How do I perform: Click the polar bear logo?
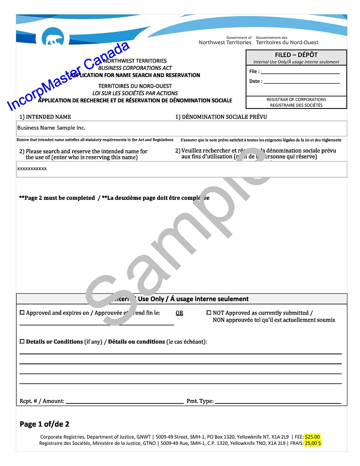[x=53, y=37]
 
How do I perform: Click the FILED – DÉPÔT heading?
[x=296, y=55]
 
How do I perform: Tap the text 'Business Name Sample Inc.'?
[x=51, y=128]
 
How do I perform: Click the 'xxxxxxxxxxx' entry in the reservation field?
[x=32, y=168]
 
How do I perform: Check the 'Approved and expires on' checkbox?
[x=22, y=313]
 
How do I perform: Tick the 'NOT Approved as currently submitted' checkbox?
[x=209, y=312]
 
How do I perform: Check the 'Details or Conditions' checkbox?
[x=22, y=342]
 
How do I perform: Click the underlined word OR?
[x=179, y=313]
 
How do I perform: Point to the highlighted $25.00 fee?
[x=312, y=437]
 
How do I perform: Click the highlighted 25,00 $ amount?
[x=313, y=443]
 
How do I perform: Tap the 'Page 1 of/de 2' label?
[x=45, y=424]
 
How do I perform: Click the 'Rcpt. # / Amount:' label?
[x=42, y=401]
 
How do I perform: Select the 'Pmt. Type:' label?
[x=200, y=401]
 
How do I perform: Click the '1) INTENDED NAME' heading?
[x=45, y=117]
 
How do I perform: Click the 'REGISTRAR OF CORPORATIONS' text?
[x=296, y=100]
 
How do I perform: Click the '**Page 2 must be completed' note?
[x=57, y=198]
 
